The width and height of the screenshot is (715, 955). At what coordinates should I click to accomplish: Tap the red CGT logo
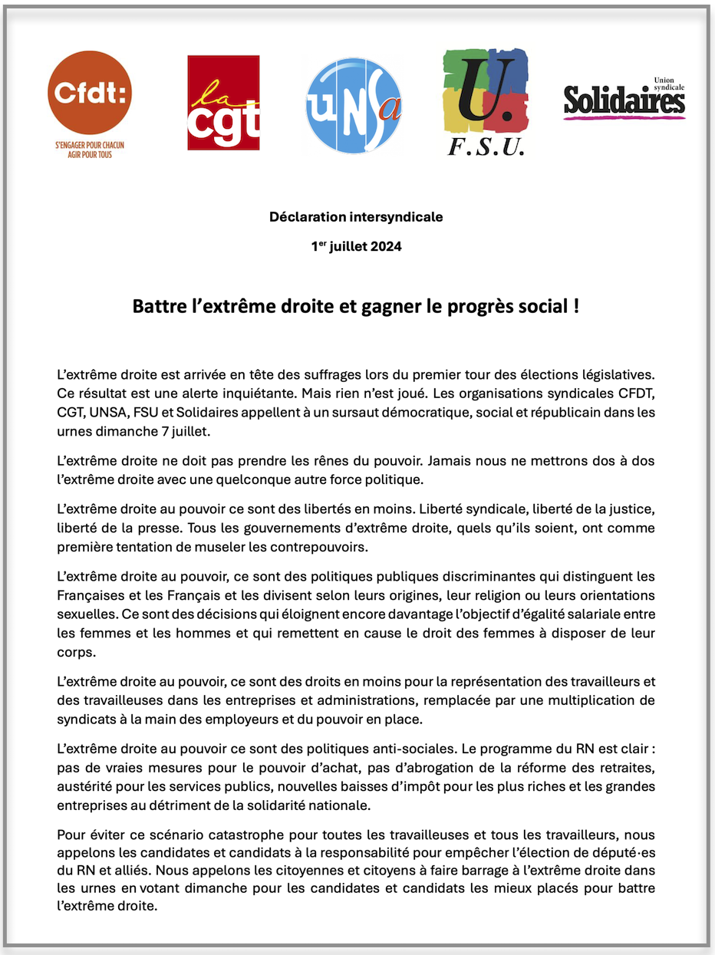point(223,102)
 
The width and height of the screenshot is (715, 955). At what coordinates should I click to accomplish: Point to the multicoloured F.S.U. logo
point(486,102)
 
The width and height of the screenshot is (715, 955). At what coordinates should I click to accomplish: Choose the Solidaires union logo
point(624,99)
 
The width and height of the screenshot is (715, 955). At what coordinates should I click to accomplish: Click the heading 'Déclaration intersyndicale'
point(356,217)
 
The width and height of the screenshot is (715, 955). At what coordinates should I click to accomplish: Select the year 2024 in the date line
point(381,247)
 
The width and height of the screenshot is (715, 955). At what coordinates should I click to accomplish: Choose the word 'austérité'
point(83,787)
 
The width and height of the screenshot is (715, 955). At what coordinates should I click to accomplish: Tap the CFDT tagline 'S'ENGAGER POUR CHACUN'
point(90,145)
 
